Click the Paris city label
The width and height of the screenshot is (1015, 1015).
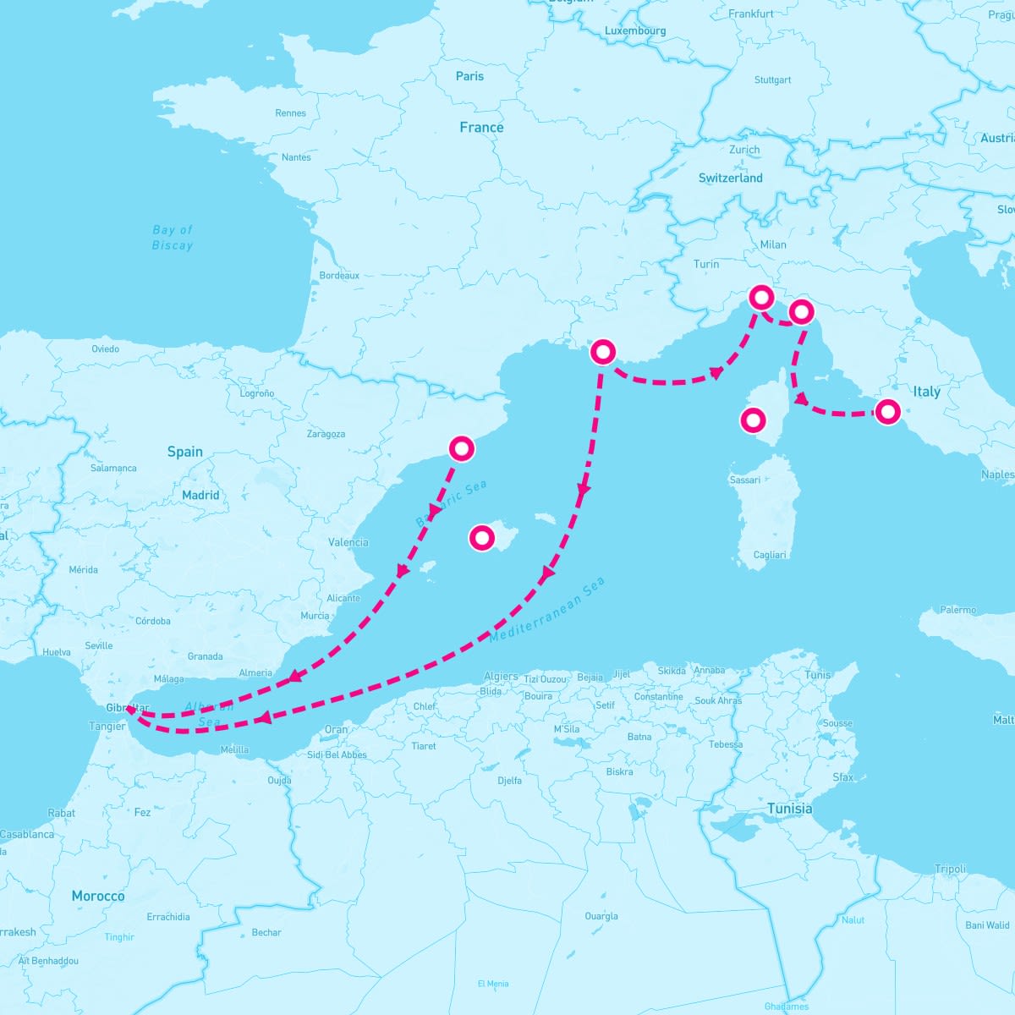pyautogui.click(x=469, y=76)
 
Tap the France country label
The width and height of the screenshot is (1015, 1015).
pyautogui.click(x=481, y=128)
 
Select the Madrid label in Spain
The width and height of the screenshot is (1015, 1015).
pyautogui.click(x=200, y=495)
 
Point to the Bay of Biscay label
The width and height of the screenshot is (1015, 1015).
pyautogui.click(x=173, y=238)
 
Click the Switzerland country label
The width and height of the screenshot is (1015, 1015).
pyautogui.click(x=730, y=178)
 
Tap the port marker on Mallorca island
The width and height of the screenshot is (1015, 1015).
pyautogui.click(x=481, y=537)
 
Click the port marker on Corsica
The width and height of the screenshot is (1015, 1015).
pyautogui.click(x=753, y=420)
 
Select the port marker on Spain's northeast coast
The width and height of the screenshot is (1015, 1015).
pyautogui.click(x=461, y=448)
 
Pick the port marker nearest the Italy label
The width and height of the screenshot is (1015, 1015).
pyautogui.click(x=887, y=412)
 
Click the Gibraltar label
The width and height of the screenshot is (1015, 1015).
pyautogui.click(x=128, y=708)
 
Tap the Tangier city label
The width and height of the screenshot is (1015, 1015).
pyautogui.click(x=107, y=727)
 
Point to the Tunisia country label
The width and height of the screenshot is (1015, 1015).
pyautogui.click(x=789, y=809)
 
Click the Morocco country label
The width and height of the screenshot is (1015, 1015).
pyautogui.click(x=98, y=896)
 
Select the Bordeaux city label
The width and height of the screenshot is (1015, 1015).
pyautogui.click(x=339, y=276)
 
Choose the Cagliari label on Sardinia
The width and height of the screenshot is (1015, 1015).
pyautogui.click(x=769, y=555)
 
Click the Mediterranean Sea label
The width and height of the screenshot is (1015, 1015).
pyautogui.click(x=547, y=610)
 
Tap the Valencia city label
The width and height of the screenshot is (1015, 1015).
pyautogui.click(x=348, y=542)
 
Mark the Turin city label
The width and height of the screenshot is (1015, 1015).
pyautogui.click(x=706, y=265)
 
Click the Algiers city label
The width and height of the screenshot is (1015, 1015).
pyautogui.click(x=501, y=677)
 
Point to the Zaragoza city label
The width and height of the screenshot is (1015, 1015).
pyautogui.click(x=326, y=434)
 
